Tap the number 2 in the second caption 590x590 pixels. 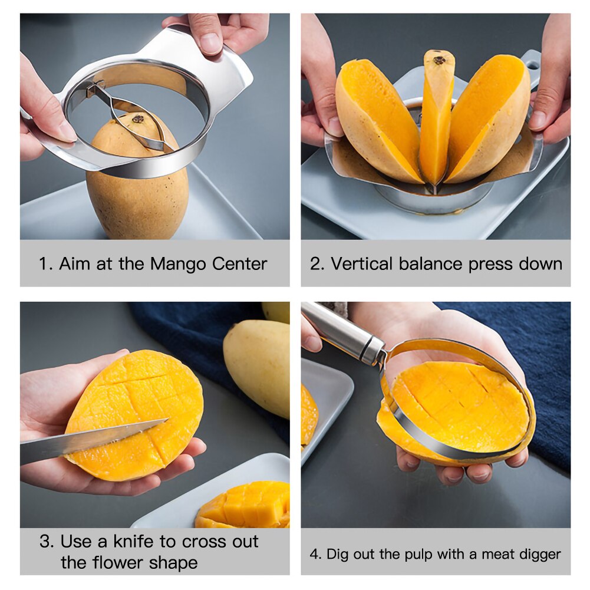click(317, 263)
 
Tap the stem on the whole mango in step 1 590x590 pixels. click(139, 118)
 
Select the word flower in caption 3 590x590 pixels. click(116, 562)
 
